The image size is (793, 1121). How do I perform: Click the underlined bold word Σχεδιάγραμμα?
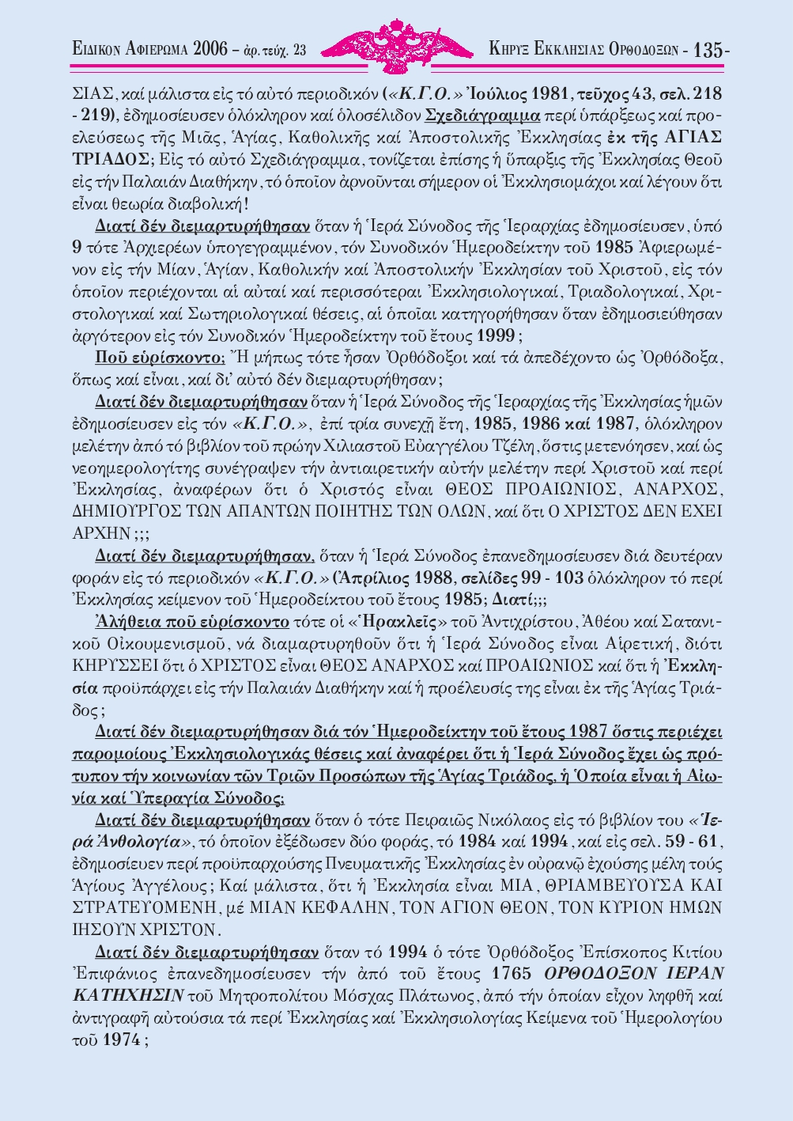pos(482,114)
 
